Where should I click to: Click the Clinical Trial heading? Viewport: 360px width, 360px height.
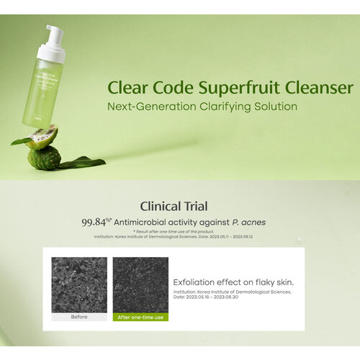click(x=179, y=206)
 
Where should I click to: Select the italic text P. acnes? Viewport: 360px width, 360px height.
click(x=255, y=222)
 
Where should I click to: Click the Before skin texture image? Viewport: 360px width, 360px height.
click(x=79, y=284)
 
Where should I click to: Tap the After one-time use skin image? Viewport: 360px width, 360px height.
click(x=140, y=284)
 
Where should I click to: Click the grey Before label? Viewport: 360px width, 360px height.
click(x=79, y=317)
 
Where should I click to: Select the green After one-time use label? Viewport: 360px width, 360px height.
click(x=140, y=317)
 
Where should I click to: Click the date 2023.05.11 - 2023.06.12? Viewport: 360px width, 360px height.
click(x=238, y=235)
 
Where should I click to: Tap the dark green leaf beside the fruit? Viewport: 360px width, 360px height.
click(x=83, y=163)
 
